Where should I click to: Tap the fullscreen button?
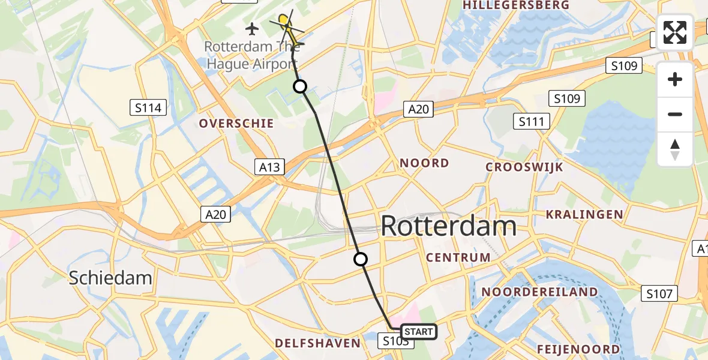click(x=675, y=32)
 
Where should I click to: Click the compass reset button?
click(x=675, y=149)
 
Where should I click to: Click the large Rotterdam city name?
click(x=448, y=227)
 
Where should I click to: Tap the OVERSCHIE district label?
click(x=236, y=124)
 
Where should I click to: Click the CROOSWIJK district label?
click(x=524, y=167)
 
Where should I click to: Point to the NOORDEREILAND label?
click(x=539, y=292)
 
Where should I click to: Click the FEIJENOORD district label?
click(x=578, y=349)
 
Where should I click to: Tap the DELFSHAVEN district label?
click(x=317, y=343)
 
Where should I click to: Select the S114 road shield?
click(x=148, y=108)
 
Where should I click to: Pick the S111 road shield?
click(x=531, y=122)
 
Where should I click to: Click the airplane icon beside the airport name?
click(x=252, y=28)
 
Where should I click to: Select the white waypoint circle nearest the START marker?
click(x=360, y=259)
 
